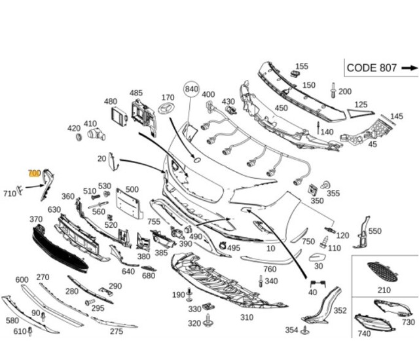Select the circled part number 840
click(191, 89)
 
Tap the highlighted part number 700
click(34, 173)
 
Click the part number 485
click(136, 93)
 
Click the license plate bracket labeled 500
click(130, 204)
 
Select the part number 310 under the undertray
click(246, 317)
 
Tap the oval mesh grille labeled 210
click(384, 270)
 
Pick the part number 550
click(374, 231)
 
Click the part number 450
click(281, 108)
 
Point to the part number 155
click(301, 66)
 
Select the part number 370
click(36, 219)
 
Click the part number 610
click(20, 331)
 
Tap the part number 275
click(116, 331)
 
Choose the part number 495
click(234, 248)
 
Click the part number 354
click(291, 330)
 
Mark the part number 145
click(397, 117)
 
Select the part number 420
click(73, 128)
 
